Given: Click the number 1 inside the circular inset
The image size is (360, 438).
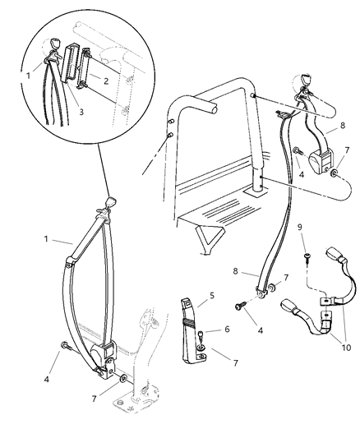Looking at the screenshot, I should (x=27, y=76).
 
